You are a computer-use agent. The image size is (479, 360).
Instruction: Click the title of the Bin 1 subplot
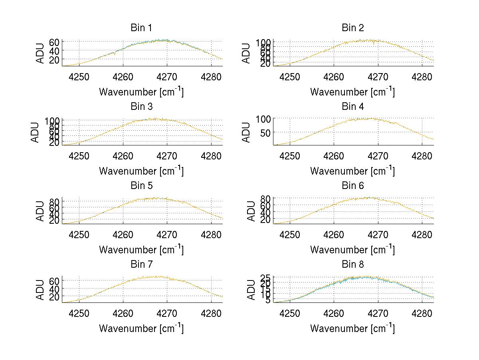(x=141, y=28)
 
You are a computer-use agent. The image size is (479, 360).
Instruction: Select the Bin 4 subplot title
(x=353, y=107)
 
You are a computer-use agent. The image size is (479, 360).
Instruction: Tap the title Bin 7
(x=141, y=265)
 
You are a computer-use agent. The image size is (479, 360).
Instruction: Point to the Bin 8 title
(x=353, y=265)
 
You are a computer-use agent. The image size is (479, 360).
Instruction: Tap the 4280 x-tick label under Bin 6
(x=422, y=234)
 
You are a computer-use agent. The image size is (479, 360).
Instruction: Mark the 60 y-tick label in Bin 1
(x=55, y=42)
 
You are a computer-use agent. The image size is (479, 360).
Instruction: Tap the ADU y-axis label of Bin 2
(x=246, y=53)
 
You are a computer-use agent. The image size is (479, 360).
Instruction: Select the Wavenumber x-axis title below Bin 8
(x=352, y=328)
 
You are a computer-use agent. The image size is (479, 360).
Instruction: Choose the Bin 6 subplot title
(x=353, y=186)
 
